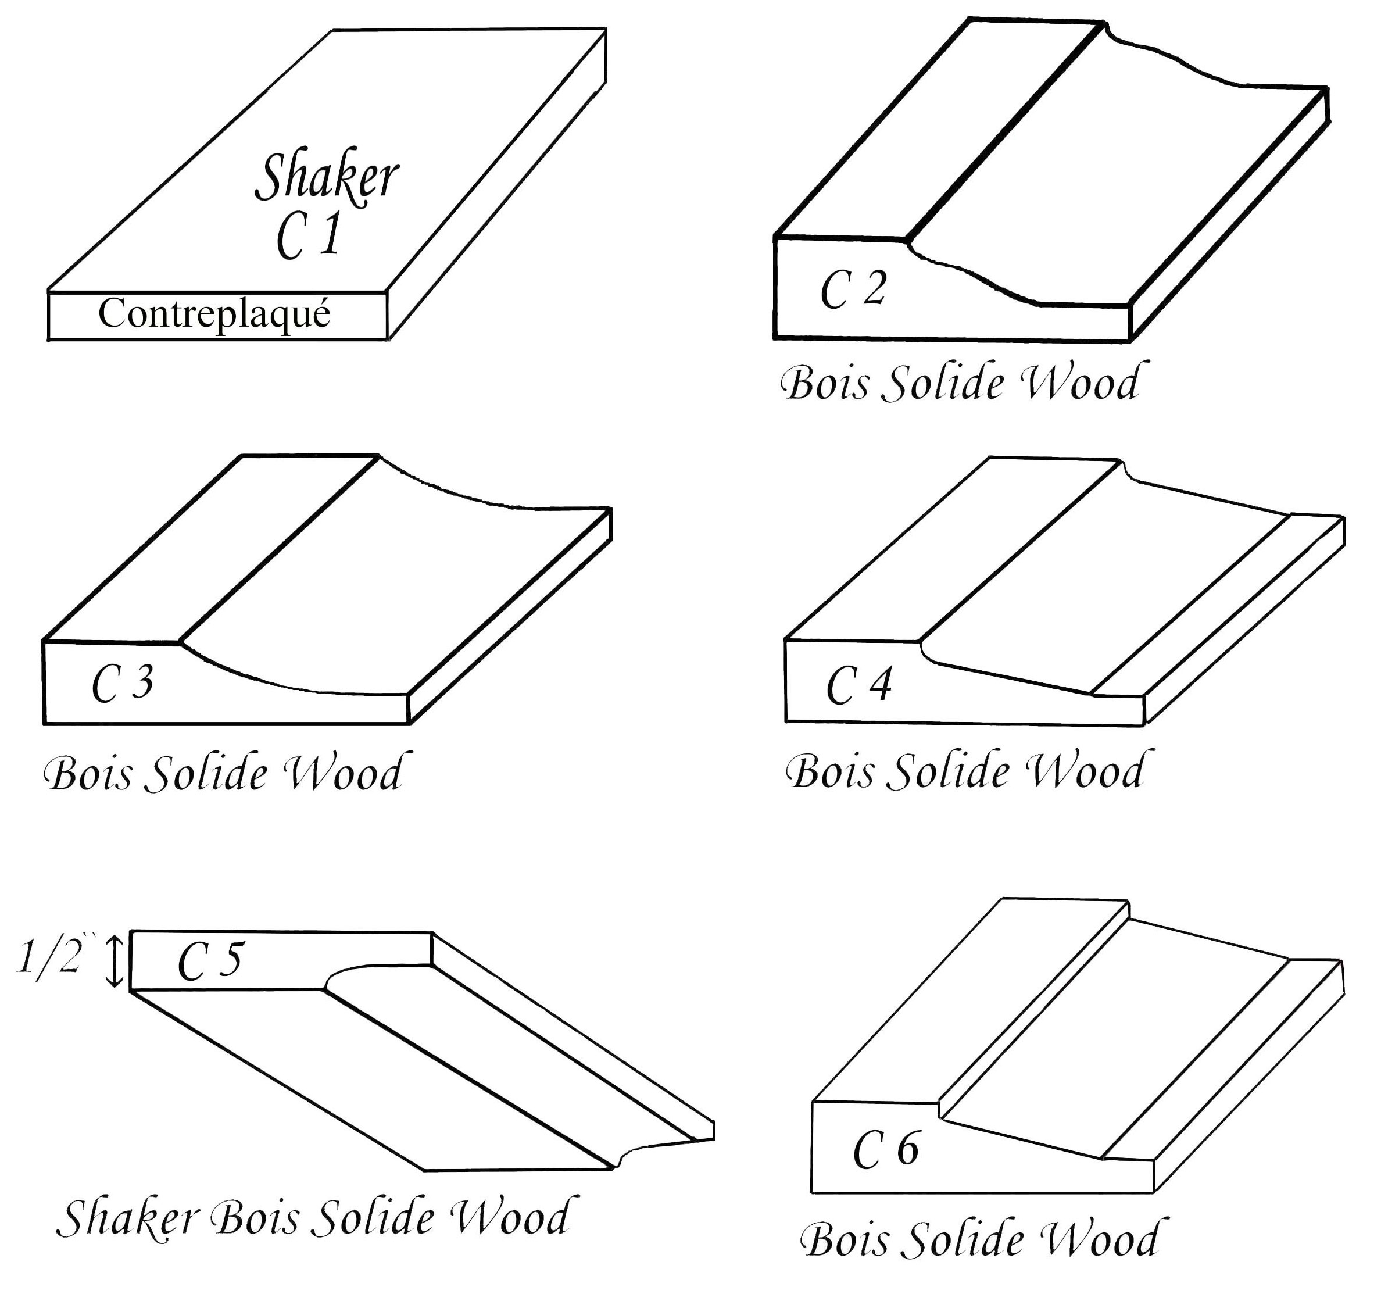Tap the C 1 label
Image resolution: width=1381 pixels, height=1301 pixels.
click(309, 236)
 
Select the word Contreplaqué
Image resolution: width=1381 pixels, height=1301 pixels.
click(214, 314)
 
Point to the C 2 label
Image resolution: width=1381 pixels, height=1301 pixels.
click(853, 289)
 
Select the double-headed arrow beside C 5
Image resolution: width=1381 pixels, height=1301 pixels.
click(115, 962)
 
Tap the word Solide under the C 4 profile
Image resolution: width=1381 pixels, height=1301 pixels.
click(948, 771)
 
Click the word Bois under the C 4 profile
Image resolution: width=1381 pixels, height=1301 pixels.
click(832, 771)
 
